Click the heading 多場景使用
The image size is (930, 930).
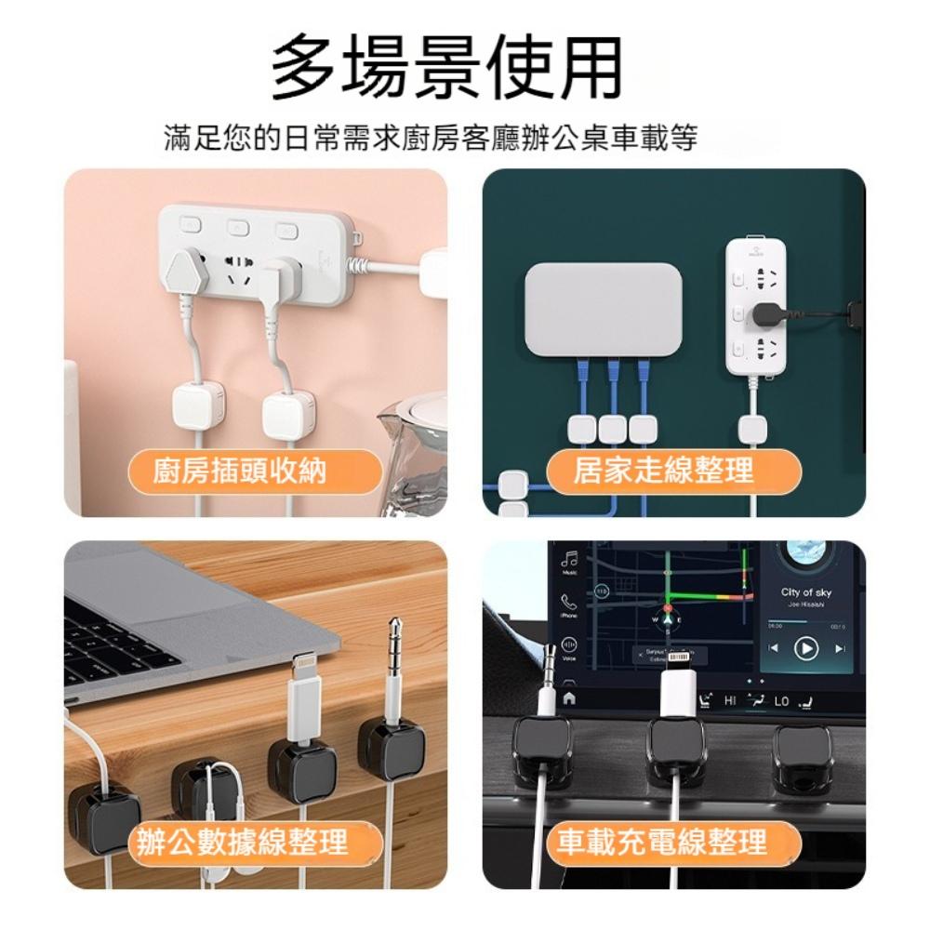coord(446,67)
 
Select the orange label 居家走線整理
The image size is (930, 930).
coord(662,472)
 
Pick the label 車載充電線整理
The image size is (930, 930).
coord(661,844)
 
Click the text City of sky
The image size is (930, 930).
coord(806,592)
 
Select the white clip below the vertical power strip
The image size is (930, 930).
coord(753,429)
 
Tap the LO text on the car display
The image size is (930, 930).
coord(781,699)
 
